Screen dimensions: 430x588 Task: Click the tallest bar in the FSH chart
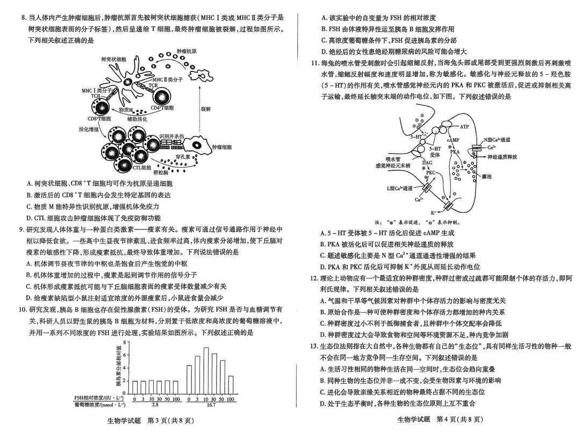coord(206,370)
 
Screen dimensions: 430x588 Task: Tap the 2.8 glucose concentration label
coord(155,405)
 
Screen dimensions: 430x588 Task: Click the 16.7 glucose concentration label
coord(211,405)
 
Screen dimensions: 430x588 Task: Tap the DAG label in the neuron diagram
coord(427,162)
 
